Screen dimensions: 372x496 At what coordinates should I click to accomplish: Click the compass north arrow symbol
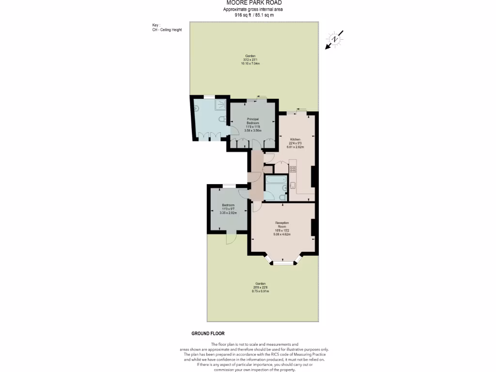(335, 39)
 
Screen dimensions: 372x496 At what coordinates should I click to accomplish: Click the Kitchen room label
(295, 139)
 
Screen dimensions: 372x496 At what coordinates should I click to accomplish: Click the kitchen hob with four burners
(293, 169)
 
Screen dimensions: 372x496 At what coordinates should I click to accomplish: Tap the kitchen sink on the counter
(294, 185)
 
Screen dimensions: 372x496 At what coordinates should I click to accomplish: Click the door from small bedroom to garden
(231, 239)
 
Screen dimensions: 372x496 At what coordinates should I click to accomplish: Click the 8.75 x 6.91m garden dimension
(262, 292)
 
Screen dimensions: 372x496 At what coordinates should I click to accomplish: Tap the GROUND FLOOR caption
(208, 334)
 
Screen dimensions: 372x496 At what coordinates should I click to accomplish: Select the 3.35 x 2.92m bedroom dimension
(228, 213)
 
